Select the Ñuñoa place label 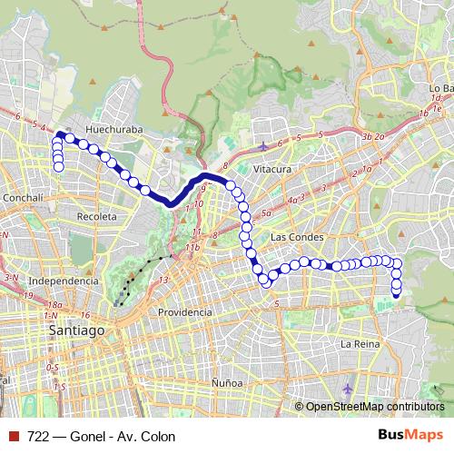click(226, 383)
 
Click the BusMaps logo click(410, 436)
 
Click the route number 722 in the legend click(38, 436)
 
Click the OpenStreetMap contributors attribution click(373, 407)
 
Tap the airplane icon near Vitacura click(263, 145)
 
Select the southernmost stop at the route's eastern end click(396, 292)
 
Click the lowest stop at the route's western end click(59, 166)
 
